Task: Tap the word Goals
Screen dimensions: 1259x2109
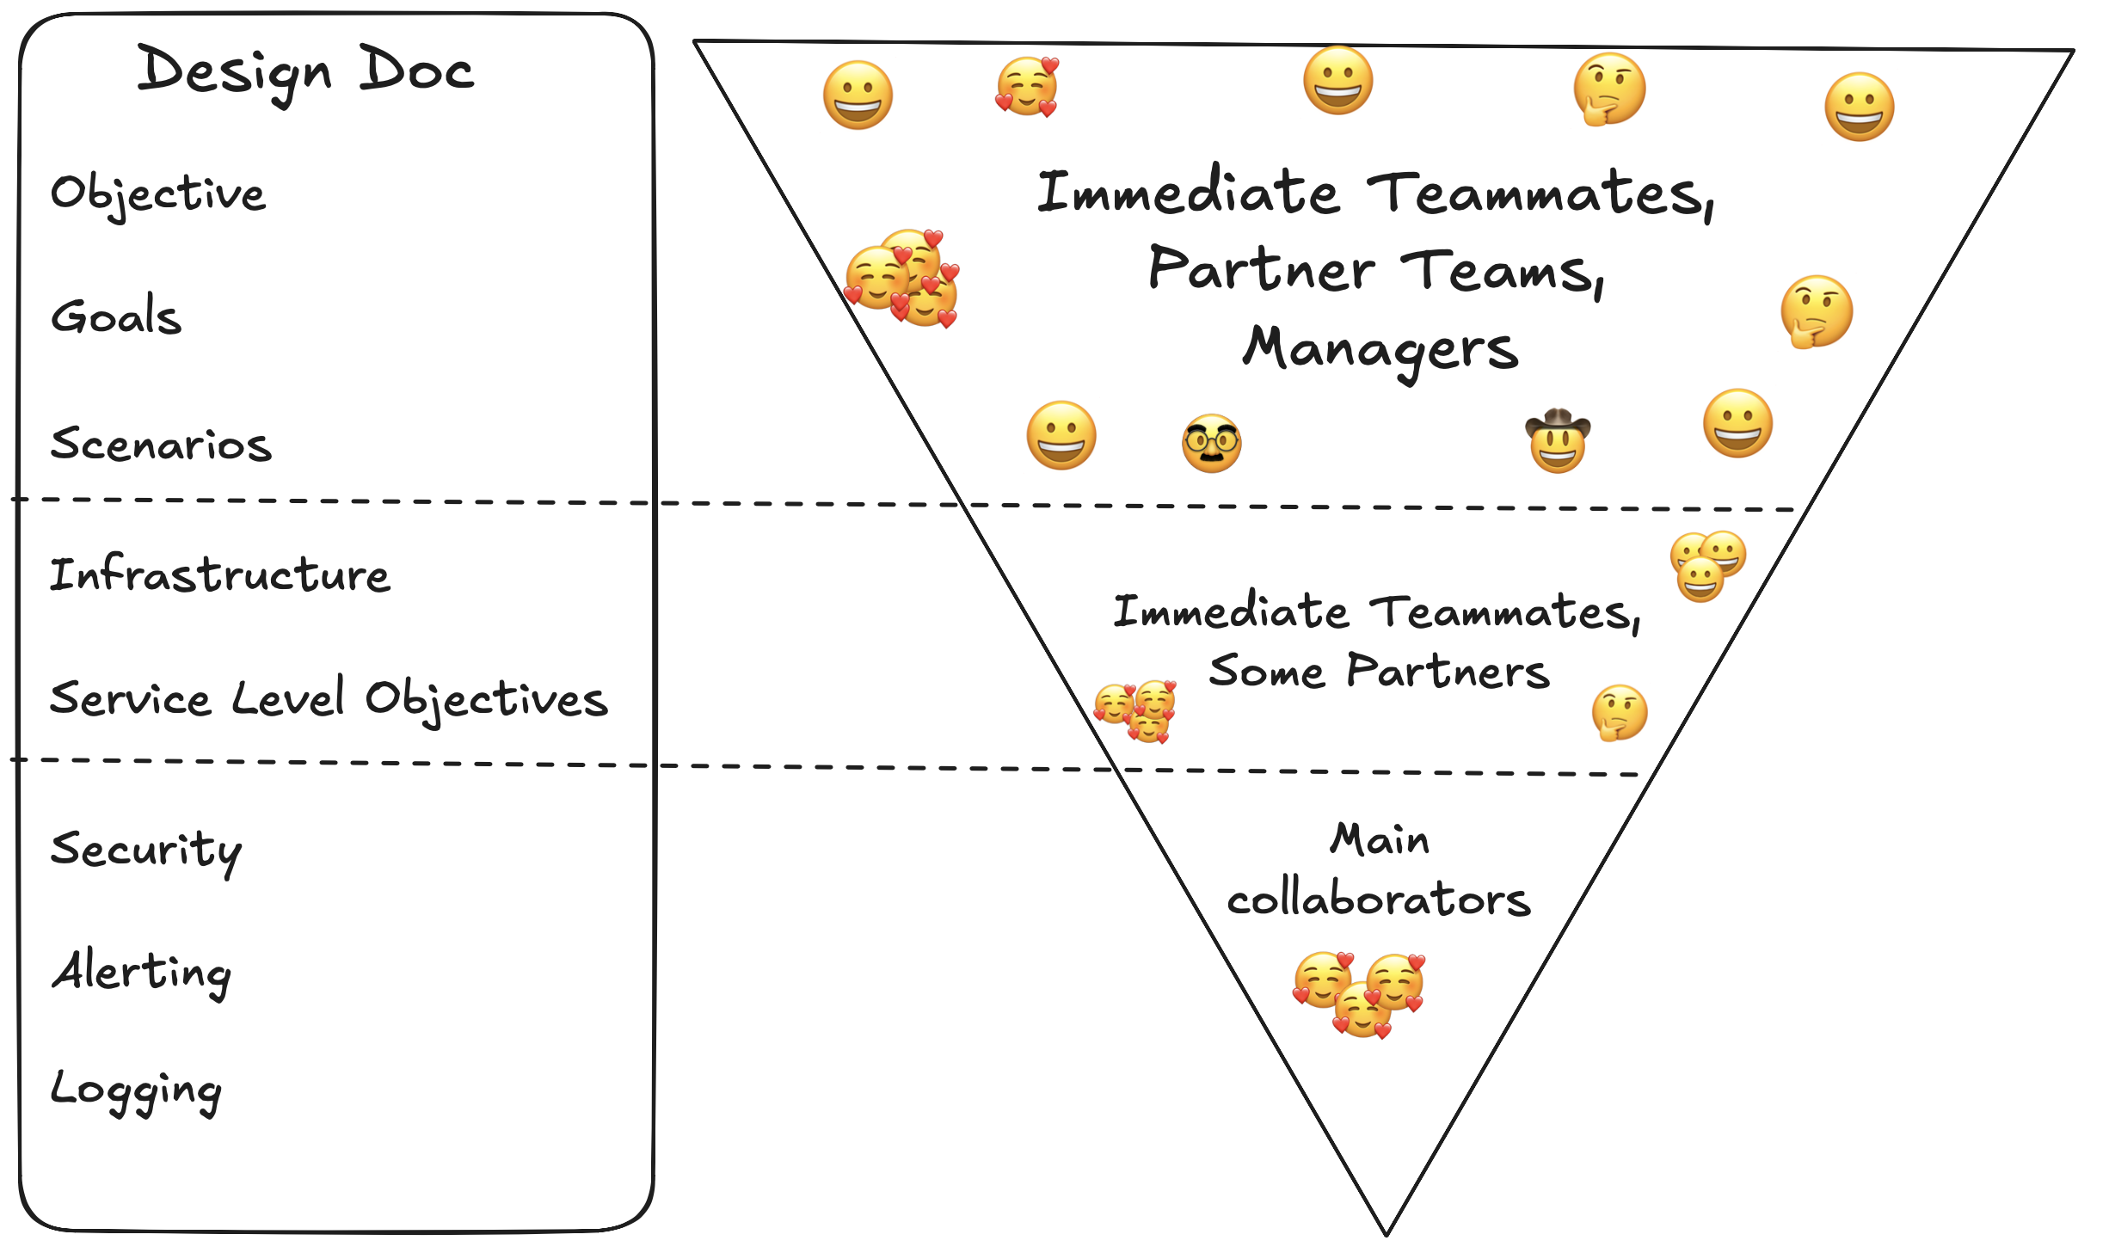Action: click(x=117, y=316)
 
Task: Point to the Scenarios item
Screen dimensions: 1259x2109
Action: click(x=161, y=445)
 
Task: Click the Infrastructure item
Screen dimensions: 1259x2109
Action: click(x=220, y=574)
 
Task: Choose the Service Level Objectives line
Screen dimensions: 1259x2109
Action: click(x=329, y=698)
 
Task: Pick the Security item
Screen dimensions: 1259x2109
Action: click(x=146, y=850)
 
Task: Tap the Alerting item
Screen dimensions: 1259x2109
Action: click(x=142, y=972)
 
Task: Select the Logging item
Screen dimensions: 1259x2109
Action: click(x=136, y=1090)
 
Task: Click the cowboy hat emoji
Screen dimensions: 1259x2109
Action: click(x=1558, y=440)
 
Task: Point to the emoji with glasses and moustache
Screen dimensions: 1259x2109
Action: click(x=1211, y=443)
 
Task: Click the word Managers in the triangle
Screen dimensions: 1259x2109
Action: click(x=1380, y=349)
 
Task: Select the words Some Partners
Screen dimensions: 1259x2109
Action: click(x=1379, y=672)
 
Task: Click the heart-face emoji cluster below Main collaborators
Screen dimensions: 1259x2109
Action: click(x=1360, y=993)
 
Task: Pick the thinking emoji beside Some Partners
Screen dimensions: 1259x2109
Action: click(x=1619, y=712)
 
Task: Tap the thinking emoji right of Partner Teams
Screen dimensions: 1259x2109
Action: click(x=1816, y=311)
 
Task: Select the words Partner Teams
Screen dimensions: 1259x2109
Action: click(x=1376, y=270)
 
